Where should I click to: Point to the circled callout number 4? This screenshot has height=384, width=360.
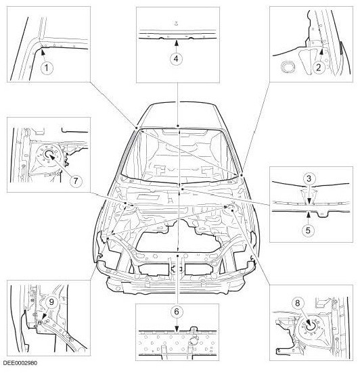pyautogui.click(x=175, y=58)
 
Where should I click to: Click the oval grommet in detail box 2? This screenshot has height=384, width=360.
pyautogui.click(x=287, y=67)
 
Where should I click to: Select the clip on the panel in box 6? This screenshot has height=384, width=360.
pyautogui.click(x=194, y=334)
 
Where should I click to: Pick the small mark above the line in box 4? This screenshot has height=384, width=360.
pyautogui.click(x=176, y=22)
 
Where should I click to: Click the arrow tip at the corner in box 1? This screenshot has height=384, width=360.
pyautogui.click(x=41, y=47)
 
